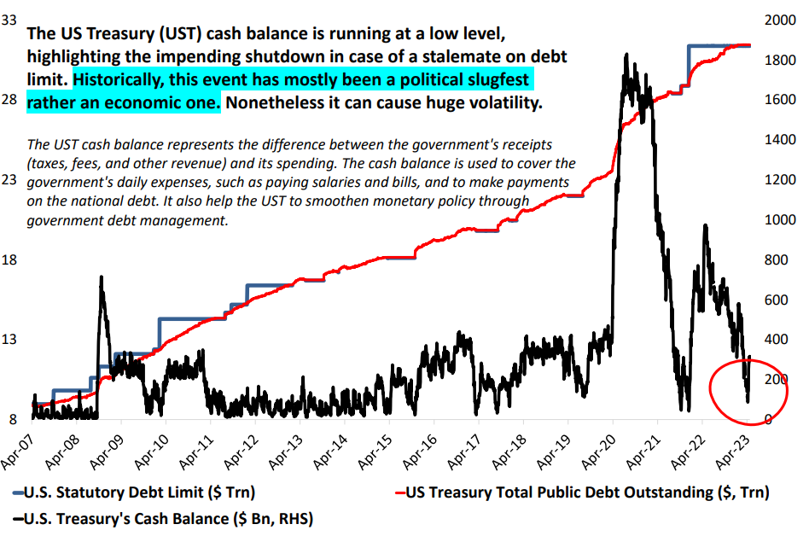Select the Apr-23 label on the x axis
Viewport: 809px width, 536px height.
coord(734,450)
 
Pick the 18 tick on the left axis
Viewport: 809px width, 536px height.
coord(12,259)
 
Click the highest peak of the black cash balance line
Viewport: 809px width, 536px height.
coord(626,55)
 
